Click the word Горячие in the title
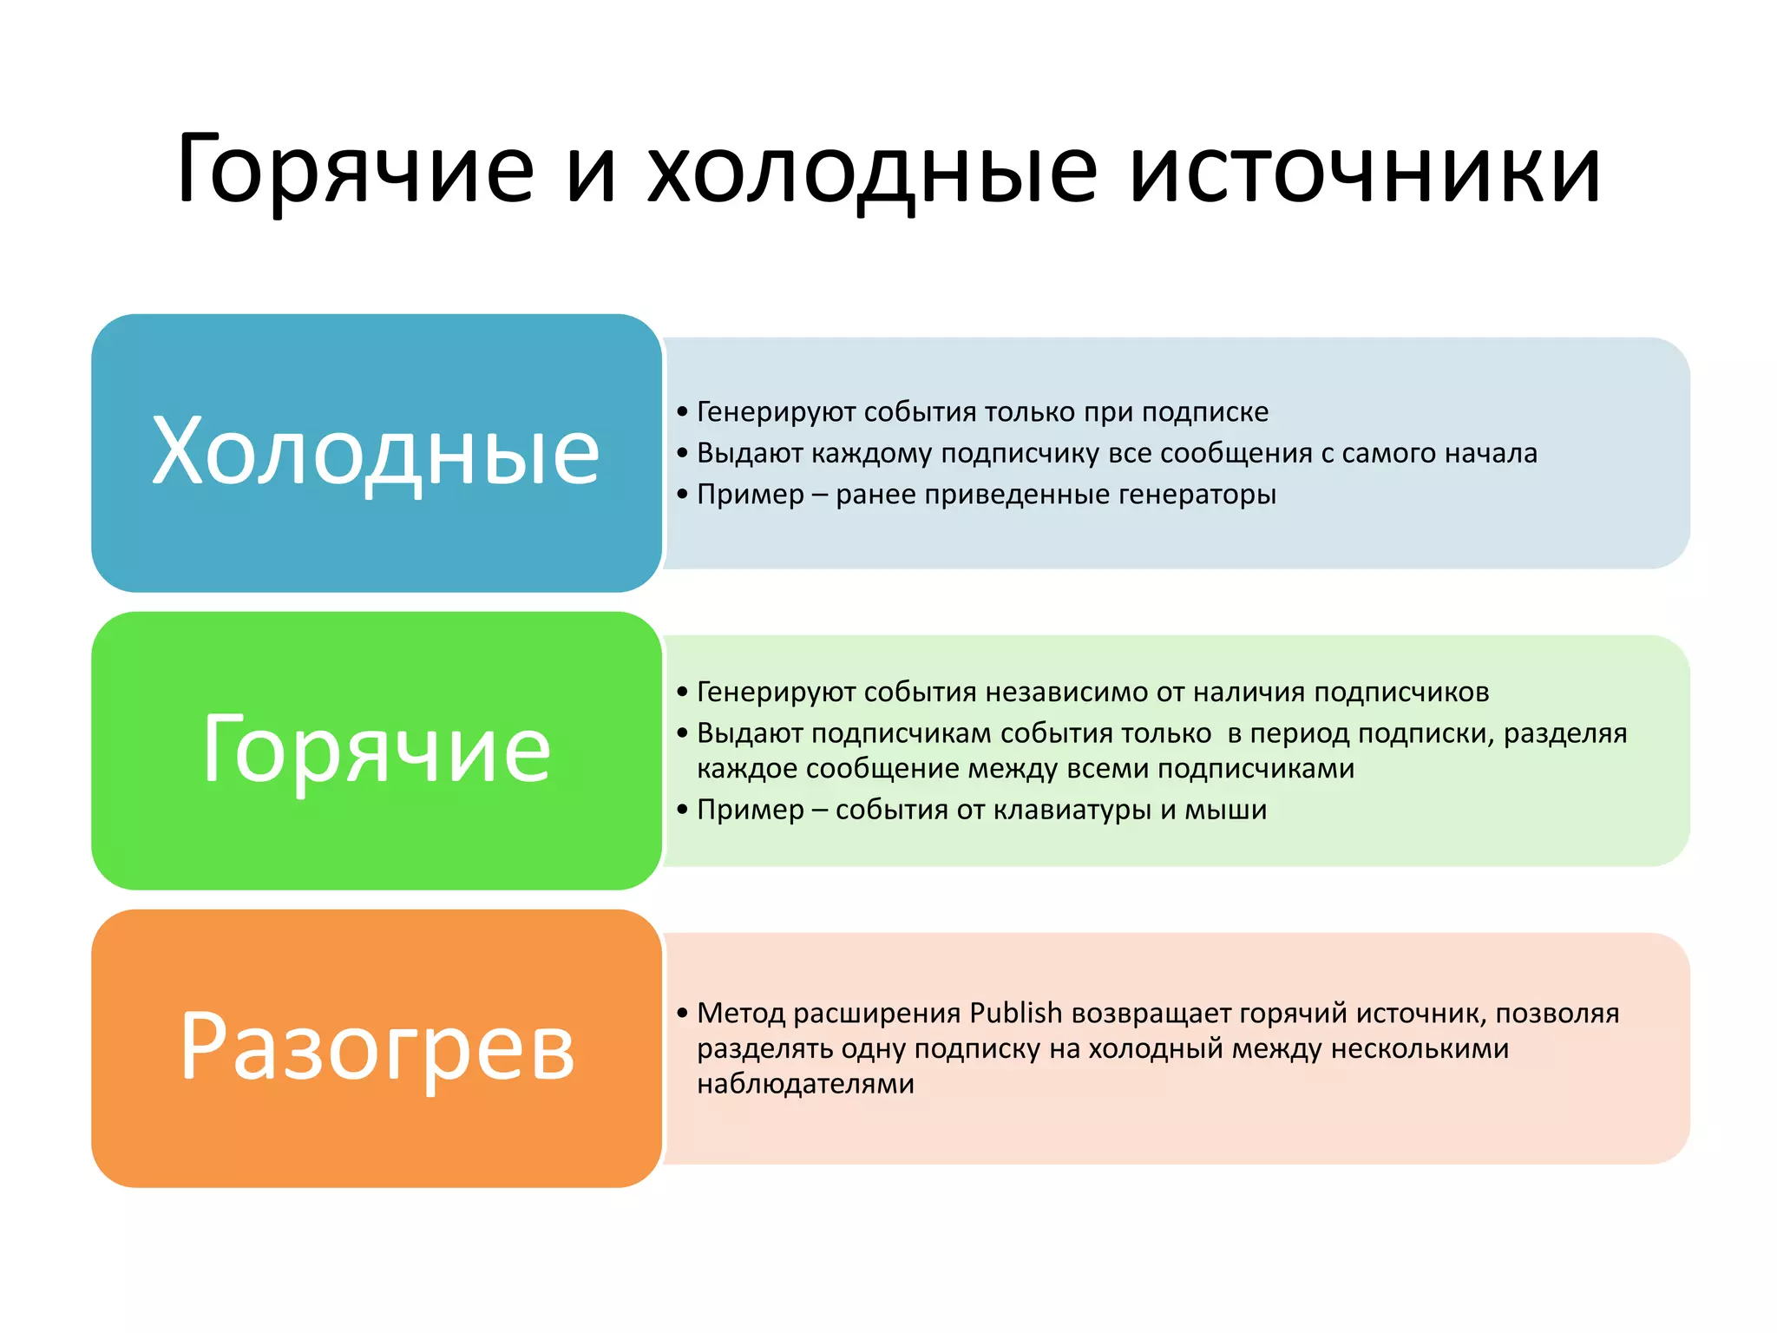(356, 171)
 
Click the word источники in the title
(1365, 171)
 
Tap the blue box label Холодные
(376, 451)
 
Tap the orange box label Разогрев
(376, 1047)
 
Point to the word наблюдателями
(805, 1084)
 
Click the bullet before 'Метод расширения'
(682, 1013)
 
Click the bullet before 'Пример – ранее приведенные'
(682, 495)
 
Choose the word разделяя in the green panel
(1564, 733)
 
